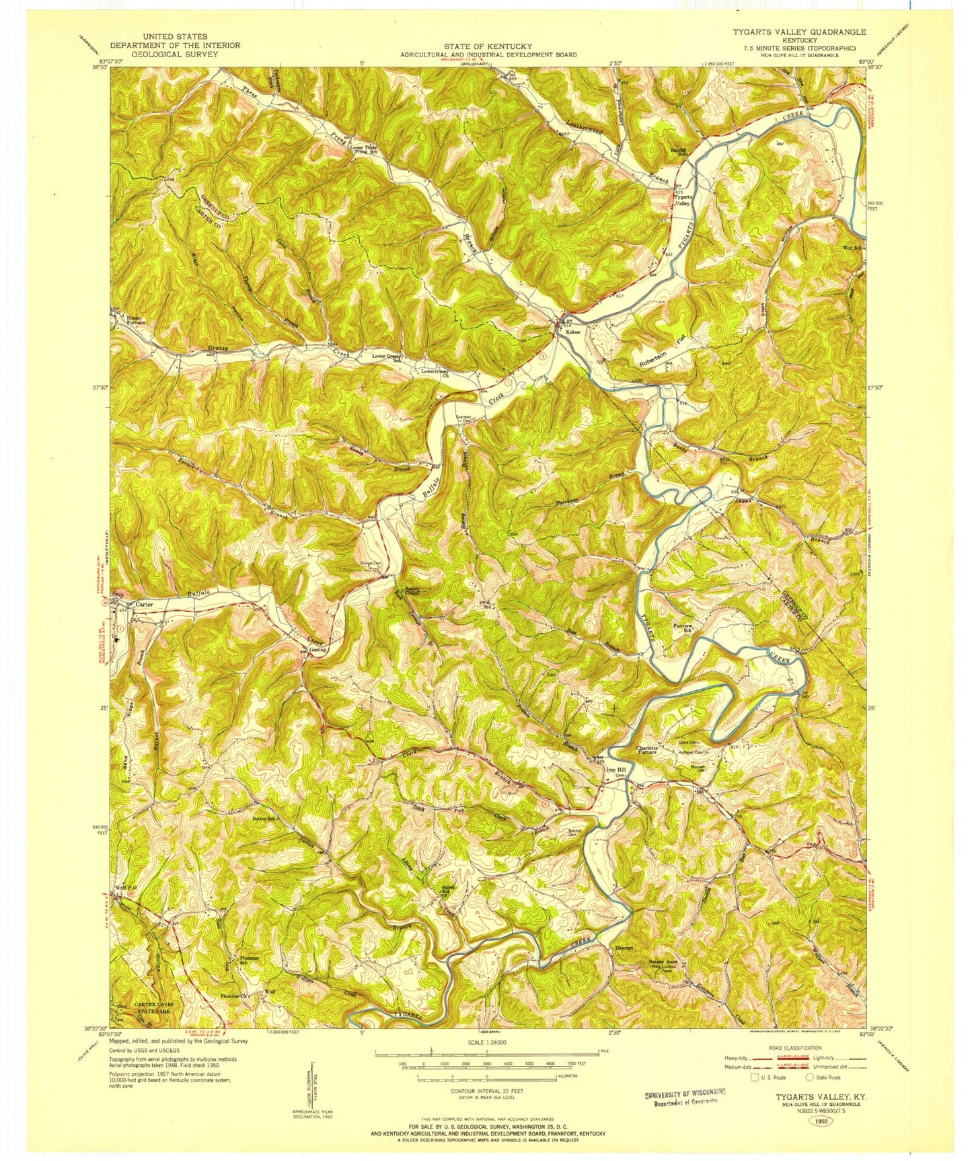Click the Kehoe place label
click(572, 332)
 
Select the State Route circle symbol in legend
click(805, 1096)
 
